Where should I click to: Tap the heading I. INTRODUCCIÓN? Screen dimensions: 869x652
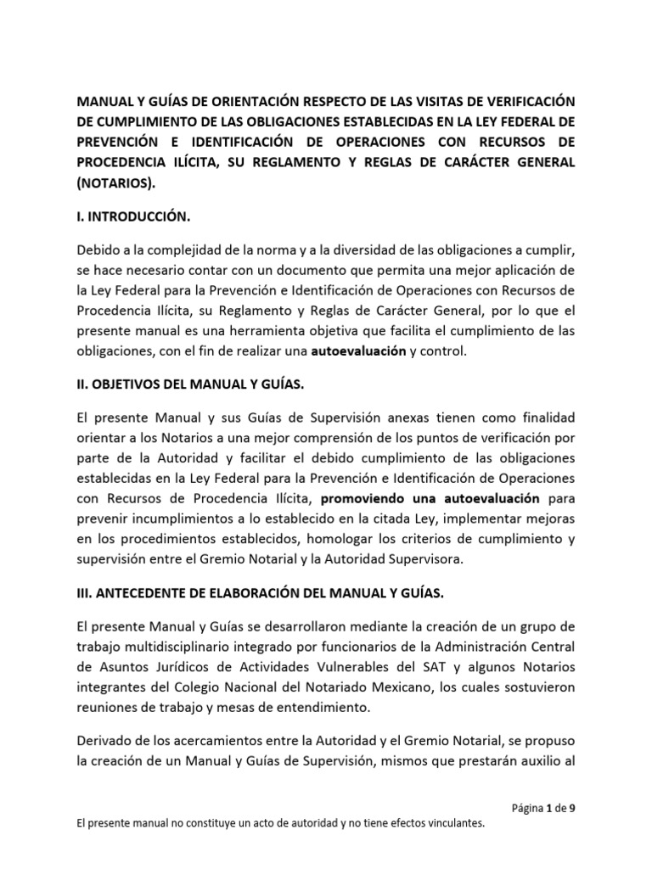coord(131,217)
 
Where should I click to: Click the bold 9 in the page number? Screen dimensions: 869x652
coord(572,807)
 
